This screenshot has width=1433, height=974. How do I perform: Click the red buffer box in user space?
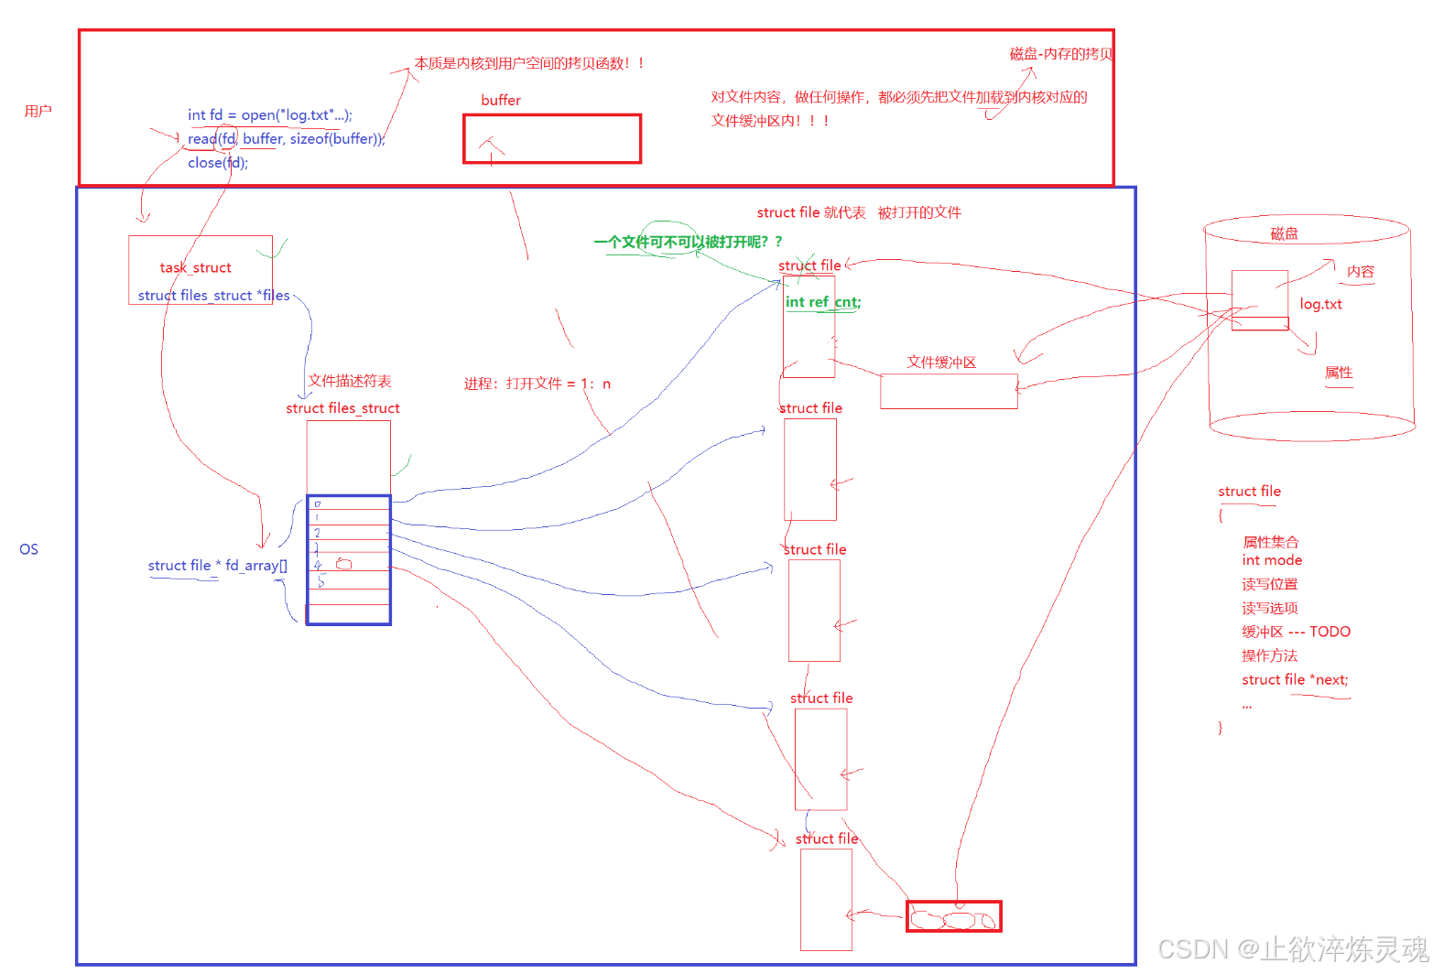(551, 139)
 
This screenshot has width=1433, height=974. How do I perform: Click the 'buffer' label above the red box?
(501, 100)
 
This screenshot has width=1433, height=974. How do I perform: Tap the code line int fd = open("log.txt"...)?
(269, 114)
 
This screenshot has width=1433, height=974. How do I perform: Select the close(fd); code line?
(218, 162)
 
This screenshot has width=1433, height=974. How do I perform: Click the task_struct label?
(195, 267)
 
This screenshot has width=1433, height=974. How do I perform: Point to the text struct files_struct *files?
(213, 295)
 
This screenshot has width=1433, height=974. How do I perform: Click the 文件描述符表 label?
(350, 381)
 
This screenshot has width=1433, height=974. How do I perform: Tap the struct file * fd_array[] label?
(217, 565)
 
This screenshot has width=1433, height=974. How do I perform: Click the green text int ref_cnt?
(822, 301)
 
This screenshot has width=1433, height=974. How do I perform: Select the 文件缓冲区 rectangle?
(949, 391)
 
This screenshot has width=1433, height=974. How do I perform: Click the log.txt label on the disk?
(1320, 304)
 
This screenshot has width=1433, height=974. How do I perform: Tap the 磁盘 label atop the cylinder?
(1284, 233)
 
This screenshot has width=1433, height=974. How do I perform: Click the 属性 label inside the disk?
(1338, 373)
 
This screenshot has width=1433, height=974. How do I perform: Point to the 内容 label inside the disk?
(1360, 272)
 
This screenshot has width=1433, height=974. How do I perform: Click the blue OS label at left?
(28, 549)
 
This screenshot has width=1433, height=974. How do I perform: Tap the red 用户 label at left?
(38, 111)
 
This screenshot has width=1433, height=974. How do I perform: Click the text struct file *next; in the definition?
(1295, 679)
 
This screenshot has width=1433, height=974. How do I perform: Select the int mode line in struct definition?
(1272, 560)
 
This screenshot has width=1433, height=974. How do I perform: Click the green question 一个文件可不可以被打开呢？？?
(688, 242)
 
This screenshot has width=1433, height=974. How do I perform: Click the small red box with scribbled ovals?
(953, 916)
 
